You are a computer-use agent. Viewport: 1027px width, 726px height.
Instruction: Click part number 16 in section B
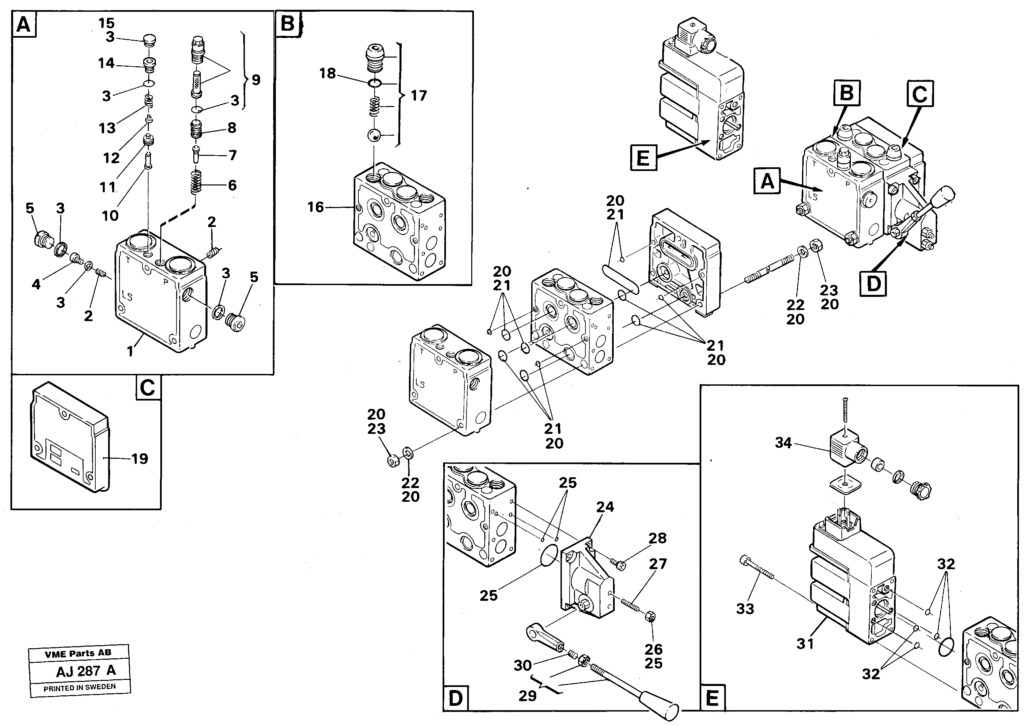[315, 207]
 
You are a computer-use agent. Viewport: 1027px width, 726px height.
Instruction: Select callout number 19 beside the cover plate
[139, 459]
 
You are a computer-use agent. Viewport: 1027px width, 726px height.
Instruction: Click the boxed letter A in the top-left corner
[24, 25]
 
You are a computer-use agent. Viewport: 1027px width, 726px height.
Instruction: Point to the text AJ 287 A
[86, 671]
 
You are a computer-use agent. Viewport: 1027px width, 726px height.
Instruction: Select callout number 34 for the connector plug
[783, 443]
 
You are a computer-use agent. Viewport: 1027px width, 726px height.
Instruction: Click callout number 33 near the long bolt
[745, 609]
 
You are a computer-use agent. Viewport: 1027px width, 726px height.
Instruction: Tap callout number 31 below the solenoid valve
[805, 644]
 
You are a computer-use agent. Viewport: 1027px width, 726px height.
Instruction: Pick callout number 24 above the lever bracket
[605, 507]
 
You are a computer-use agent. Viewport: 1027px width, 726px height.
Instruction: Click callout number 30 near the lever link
[522, 666]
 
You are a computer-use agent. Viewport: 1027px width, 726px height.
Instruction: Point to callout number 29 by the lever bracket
[527, 696]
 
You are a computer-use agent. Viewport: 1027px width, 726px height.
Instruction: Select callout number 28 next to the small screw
[657, 538]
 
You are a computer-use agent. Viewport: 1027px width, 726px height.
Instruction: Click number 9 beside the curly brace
[256, 80]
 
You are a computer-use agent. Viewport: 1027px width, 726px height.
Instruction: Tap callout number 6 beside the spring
[232, 185]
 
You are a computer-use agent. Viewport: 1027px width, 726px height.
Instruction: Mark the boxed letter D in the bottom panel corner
[455, 698]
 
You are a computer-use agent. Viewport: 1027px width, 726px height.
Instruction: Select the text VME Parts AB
[78, 653]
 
